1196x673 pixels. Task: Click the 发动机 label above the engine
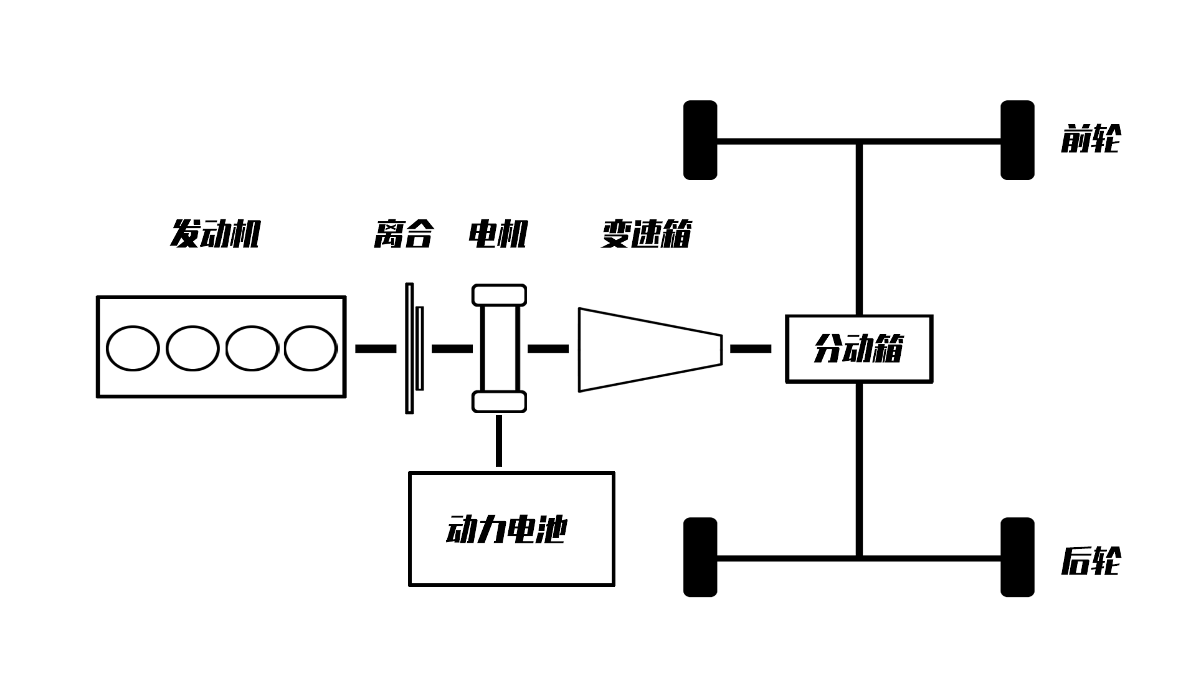215,234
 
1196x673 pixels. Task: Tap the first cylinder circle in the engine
133,348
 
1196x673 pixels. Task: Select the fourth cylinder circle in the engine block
310,348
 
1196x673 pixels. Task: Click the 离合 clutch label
403,234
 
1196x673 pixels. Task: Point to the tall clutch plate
409,348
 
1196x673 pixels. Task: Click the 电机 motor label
498,234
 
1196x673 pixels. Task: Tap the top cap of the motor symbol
499,295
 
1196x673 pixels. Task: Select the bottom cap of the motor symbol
499,402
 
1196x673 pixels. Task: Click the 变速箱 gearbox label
646,234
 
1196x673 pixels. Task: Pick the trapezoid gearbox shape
648,350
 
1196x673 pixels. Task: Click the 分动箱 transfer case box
859,349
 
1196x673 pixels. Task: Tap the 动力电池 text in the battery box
506,530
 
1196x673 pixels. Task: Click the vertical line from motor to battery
499,441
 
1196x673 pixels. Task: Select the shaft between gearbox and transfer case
751,349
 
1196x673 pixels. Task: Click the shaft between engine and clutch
376,349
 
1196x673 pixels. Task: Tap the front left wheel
700,140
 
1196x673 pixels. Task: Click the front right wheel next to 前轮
1017,140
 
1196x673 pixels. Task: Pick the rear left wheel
700,557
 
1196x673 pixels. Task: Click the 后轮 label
1091,561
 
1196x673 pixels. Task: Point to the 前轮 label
1091,139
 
